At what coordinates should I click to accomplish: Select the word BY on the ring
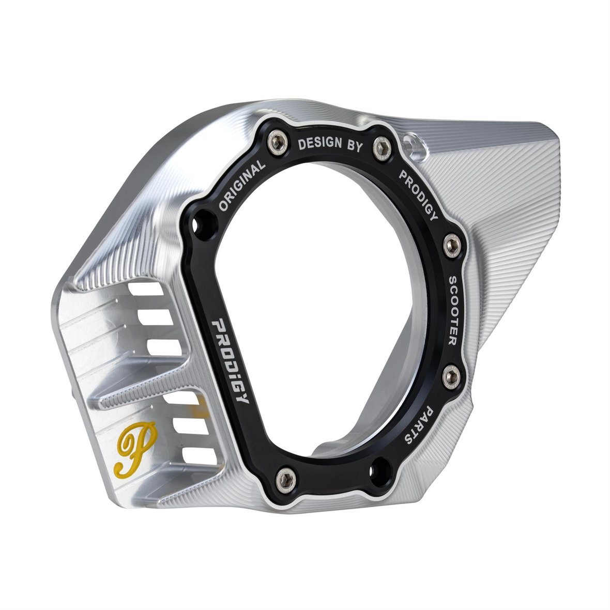pos(355,145)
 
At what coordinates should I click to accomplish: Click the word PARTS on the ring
pos(419,425)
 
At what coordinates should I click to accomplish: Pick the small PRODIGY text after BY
pos(419,194)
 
